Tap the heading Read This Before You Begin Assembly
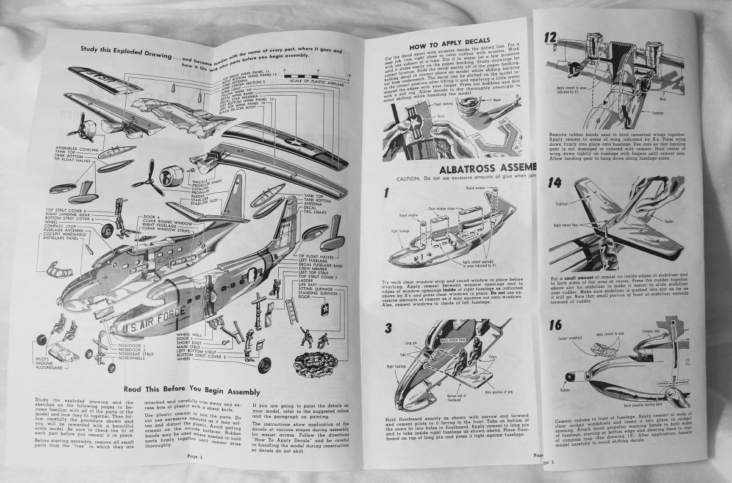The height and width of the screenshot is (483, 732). click(192, 391)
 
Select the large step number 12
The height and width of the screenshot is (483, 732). click(552, 38)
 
